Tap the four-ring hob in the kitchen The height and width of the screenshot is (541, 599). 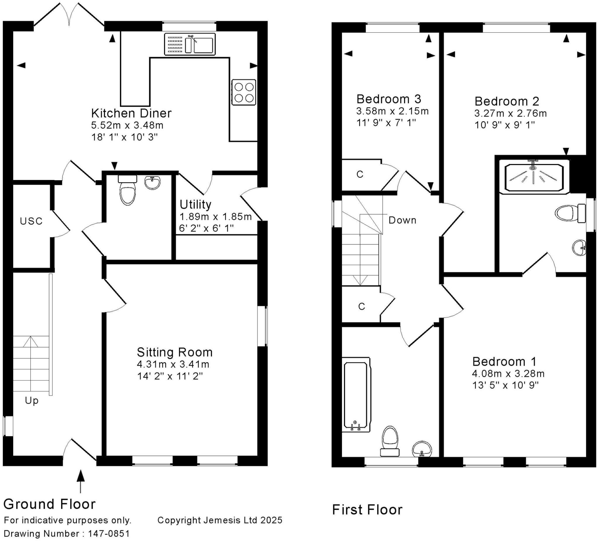pyautogui.click(x=244, y=92)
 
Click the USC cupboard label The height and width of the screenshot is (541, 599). pyautogui.click(x=31, y=221)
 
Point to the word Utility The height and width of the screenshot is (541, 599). pyautogui.click(x=195, y=204)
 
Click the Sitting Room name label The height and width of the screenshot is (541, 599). pyautogui.click(x=175, y=352)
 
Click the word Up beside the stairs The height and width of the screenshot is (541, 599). pyautogui.click(x=32, y=400)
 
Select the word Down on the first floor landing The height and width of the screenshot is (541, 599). pyautogui.click(x=402, y=220)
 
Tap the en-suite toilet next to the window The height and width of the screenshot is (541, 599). pyautogui.click(x=569, y=213)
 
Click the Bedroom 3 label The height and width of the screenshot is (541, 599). pyautogui.click(x=389, y=99)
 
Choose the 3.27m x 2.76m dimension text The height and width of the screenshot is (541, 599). pyautogui.click(x=510, y=113)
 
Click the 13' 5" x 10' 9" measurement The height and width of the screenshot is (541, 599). pyautogui.click(x=505, y=386)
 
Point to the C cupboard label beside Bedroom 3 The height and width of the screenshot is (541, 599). pyautogui.click(x=360, y=174)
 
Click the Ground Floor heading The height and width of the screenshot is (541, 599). pyautogui.click(x=50, y=504)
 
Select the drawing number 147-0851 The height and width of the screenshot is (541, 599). pyautogui.click(x=109, y=534)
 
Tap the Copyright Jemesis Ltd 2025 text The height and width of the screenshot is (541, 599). pyautogui.click(x=220, y=520)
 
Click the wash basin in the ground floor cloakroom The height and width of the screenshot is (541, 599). pyautogui.click(x=152, y=182)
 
